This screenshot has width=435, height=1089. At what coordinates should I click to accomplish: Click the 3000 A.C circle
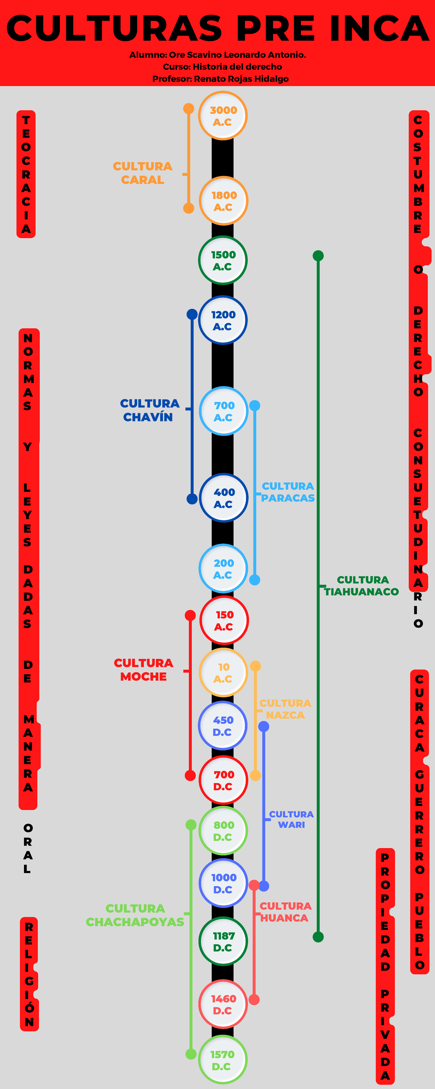pyautogui.click(x=223, y=116)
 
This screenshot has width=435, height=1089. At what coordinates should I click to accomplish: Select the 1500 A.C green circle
pyautogui.click(x=223, y=260)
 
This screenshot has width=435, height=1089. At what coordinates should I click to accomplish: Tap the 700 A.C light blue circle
pyautogui.click(x=223, y=411)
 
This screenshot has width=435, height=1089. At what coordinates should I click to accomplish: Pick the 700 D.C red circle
pyautogui.click(x=223, y=780)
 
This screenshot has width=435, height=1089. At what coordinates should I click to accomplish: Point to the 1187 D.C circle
pyautogui.click(x=223, y=942)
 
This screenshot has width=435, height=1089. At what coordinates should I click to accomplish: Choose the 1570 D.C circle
pyautogui.click(x=223, y=1060)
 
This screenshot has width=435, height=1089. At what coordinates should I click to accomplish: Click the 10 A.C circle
pyautogui.click(x=223, y=673)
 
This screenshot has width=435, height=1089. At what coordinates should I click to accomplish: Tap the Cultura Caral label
pyautogui.click(x=143, y=173)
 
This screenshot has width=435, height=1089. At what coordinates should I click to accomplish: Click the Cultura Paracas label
pyautogui.click(x=287, y=492)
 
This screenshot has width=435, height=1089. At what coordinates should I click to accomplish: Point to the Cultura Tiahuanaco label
pyautogui.click(x=362, y=586)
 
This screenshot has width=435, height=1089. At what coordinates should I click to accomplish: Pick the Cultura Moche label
pyautogui.click(x=144, y=670)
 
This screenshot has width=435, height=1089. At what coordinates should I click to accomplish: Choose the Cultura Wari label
pyautogui.click(x=291, y=819)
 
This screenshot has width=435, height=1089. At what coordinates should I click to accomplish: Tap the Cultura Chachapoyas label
pyautogui.click(x=135, y=915)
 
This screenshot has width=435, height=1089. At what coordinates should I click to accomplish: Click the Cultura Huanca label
pyautogui.click(x=285, y=912)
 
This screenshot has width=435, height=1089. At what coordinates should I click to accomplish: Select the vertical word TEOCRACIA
pyautogui.click(x=26, y=174)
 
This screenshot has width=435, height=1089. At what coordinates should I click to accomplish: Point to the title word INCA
pyautogui.click(x=379, y=29)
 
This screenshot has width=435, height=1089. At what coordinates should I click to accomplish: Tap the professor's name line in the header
pyautogui.click(x=220, y=79)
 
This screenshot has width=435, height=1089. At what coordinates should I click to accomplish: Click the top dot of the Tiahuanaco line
pyautogui.click(x=318, y=256)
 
